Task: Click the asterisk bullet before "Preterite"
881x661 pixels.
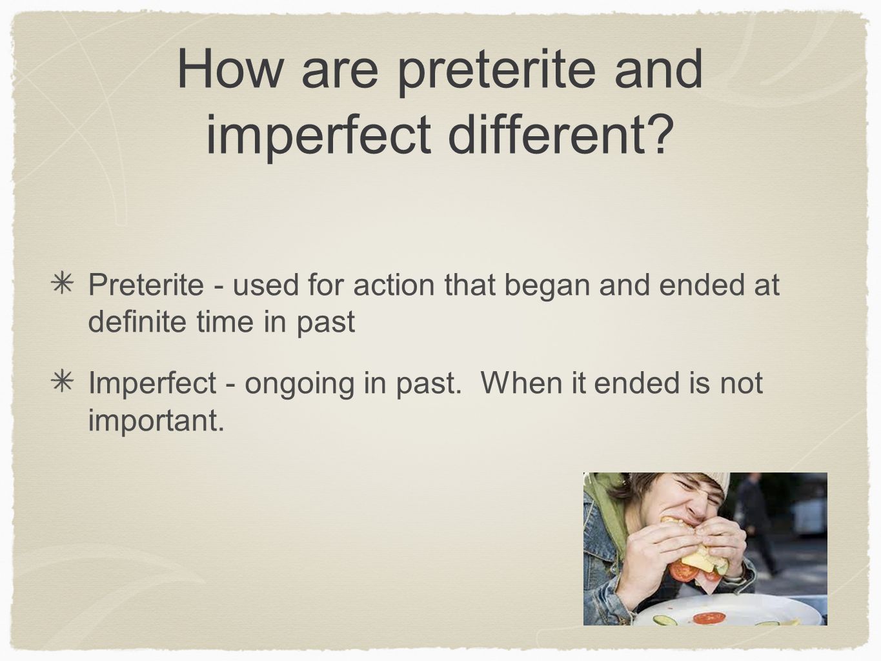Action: [x=62, y=284]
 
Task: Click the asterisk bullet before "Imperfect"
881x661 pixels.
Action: [x=62, y=381]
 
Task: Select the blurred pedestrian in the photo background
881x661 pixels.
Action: [x=756, y=522]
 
